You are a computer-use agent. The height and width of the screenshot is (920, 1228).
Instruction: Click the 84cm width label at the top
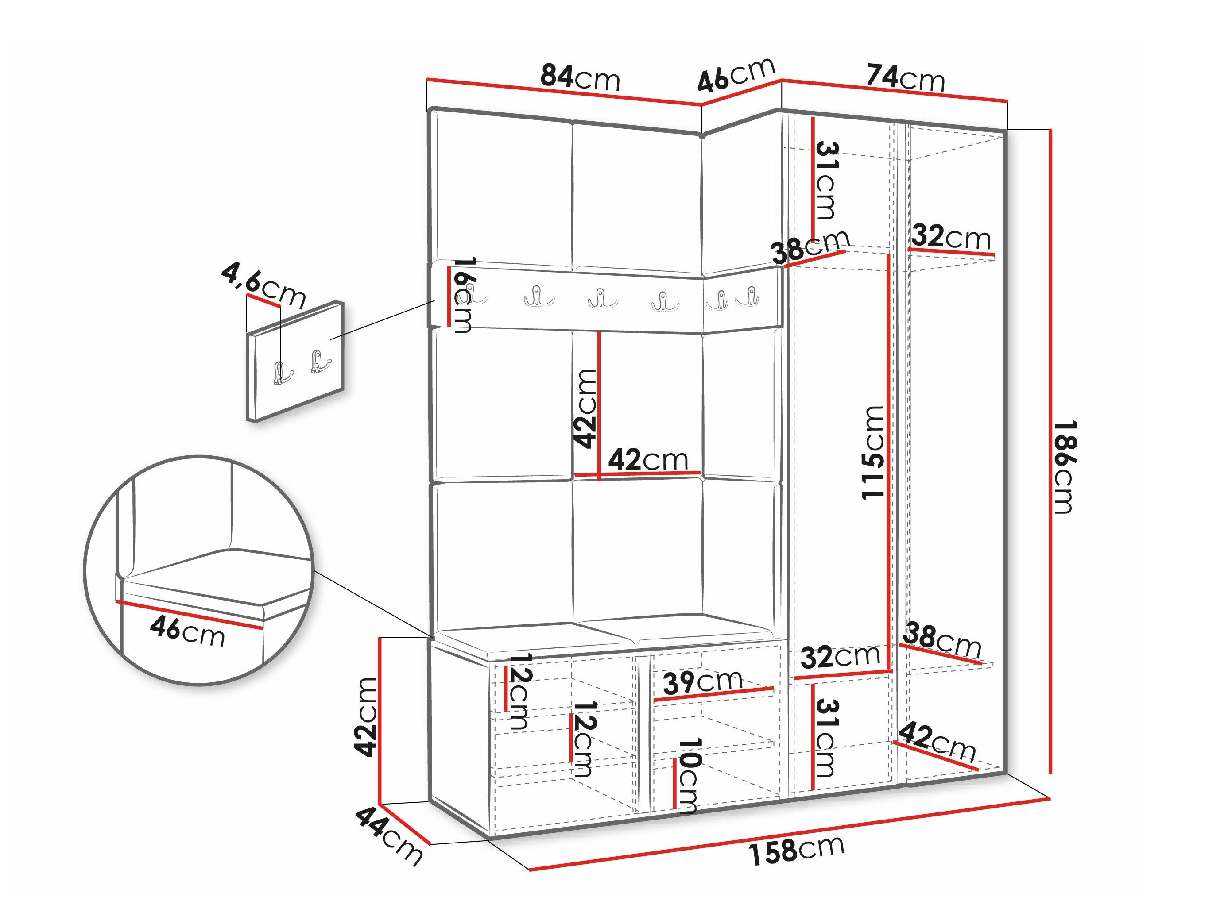[580, 78]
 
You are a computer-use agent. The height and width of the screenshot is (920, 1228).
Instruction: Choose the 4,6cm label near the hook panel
[263, 286]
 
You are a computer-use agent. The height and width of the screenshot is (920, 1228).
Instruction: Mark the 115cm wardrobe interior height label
[872, 452]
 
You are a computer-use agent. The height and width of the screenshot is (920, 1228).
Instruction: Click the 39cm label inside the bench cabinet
[703, 682]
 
